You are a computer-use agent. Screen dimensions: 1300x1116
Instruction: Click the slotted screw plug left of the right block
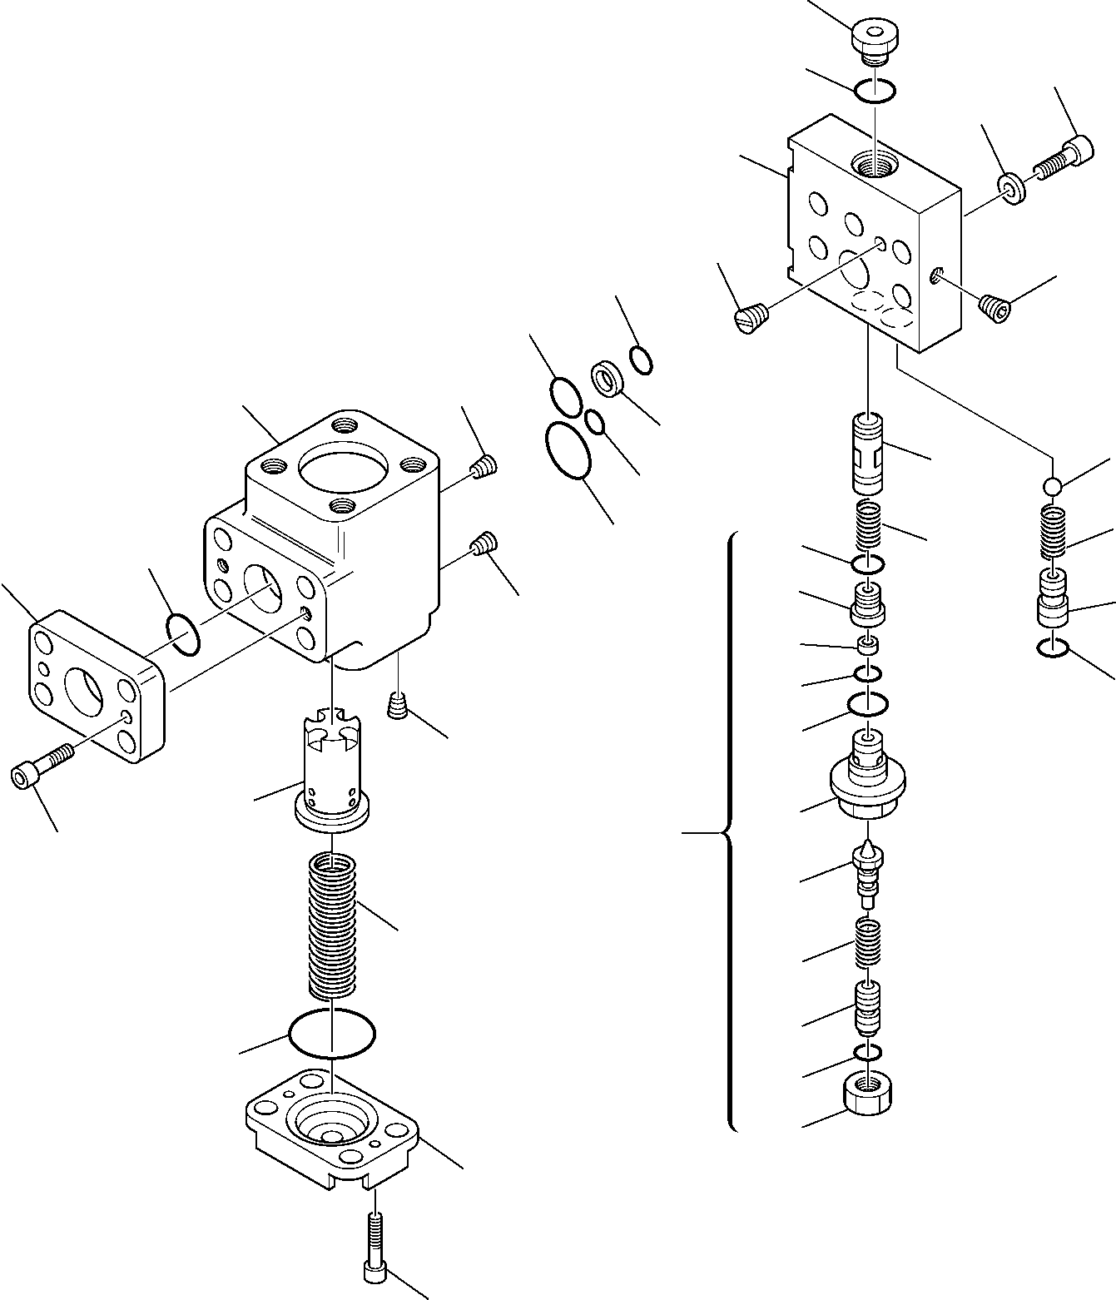(750, 318)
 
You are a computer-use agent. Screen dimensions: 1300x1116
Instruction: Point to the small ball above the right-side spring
(1053, 485)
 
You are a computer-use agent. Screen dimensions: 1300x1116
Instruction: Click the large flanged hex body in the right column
(868, 782)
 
